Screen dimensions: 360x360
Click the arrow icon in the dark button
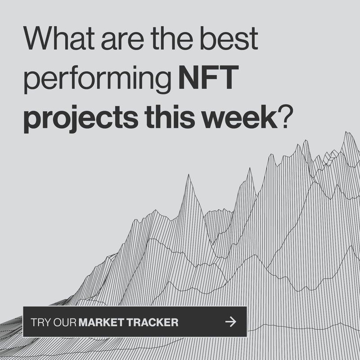(x=230, y=322)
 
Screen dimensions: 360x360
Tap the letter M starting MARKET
(x=84, y=322)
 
